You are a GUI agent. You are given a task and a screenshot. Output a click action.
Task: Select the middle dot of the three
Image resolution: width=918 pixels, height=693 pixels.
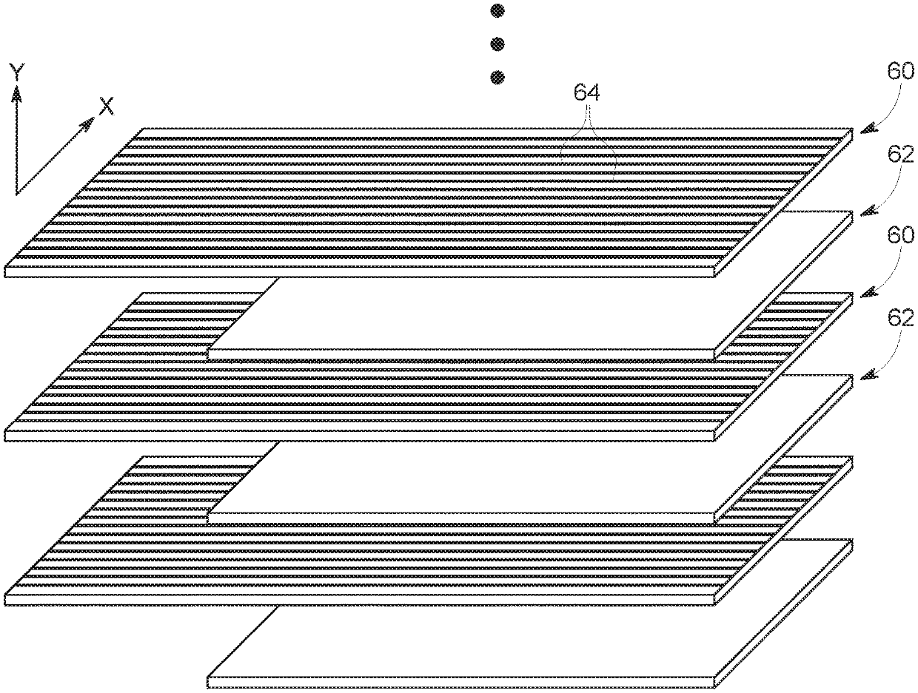[x=497, y=44]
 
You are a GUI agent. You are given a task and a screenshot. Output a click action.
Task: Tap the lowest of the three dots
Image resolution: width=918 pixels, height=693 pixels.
[x=497, y=77]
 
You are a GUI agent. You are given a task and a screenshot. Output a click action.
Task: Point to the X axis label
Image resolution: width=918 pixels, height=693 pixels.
[x=107, y=107]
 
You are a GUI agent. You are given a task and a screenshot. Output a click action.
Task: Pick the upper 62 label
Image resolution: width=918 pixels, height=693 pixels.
[x=900, y=155]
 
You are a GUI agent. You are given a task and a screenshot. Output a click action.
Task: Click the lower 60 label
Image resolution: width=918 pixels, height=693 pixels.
[x=900, y=236]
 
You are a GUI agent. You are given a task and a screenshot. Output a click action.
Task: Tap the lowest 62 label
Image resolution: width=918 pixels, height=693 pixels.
[x=900, y=318]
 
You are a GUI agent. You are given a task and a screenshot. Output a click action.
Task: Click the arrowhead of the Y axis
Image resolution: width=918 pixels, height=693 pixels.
[x=16, y=92]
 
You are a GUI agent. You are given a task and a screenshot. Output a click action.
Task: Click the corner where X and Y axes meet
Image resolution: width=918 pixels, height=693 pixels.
[x=16, y=194]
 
